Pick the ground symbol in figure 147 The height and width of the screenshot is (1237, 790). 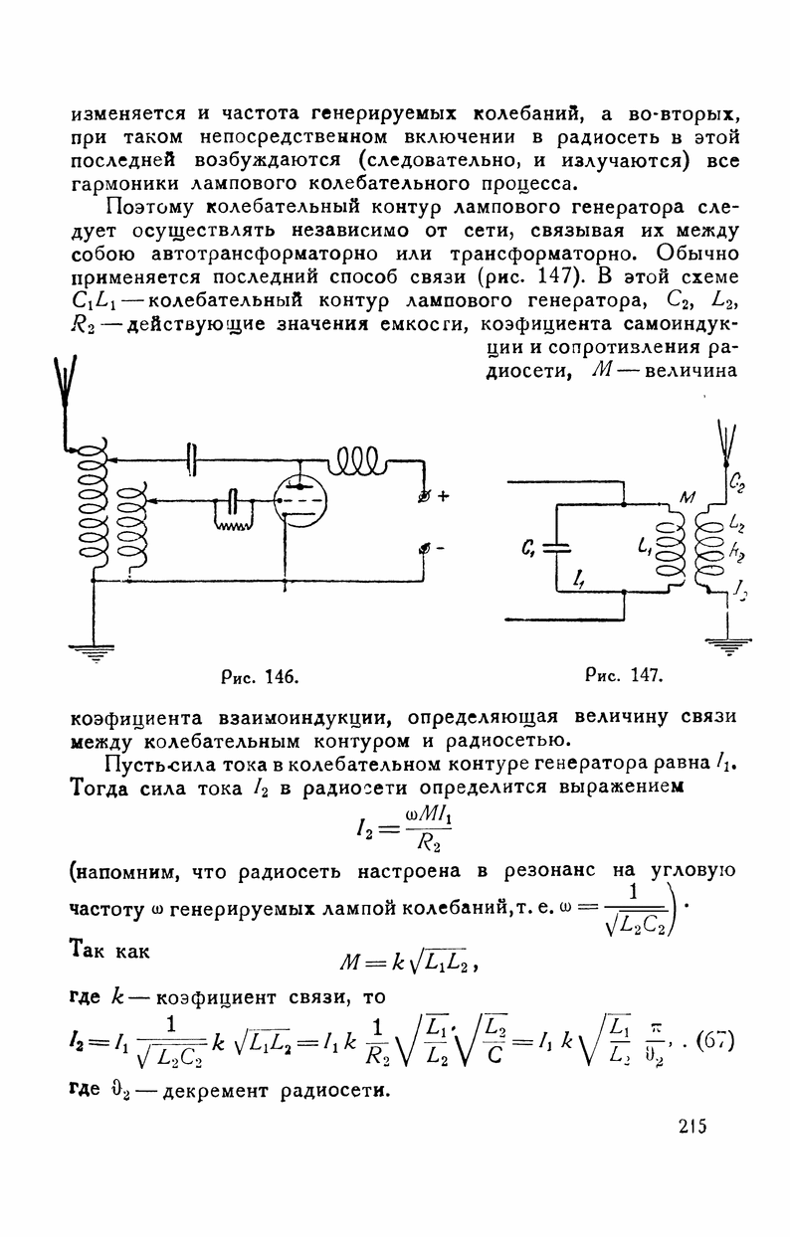(729, 645)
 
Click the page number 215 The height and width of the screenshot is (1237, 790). (688, 1126)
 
